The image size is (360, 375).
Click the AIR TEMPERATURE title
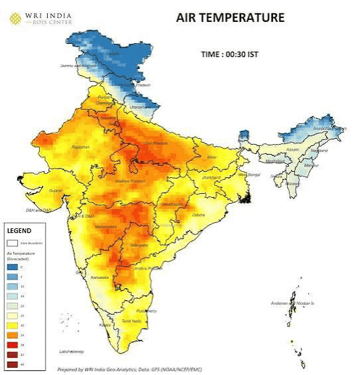click(x=230, y=18)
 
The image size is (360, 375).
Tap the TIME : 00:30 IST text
click(x=229, y=54)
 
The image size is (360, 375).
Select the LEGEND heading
click(x=19, y=230)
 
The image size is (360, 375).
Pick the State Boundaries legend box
click(x=13, y=243)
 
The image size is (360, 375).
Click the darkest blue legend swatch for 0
click(x=13, y=265)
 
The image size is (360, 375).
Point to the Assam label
click(x=293, y=150)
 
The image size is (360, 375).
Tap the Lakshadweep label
click(x=71, y=350)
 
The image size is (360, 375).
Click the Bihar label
click(x=212, y=157)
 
